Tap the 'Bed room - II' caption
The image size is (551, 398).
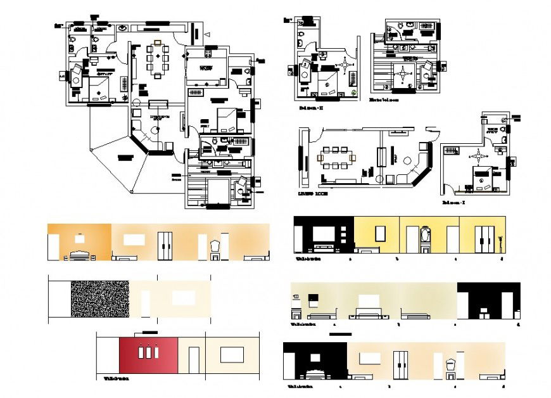[310, 108]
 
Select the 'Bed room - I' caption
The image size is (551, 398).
[453, 203]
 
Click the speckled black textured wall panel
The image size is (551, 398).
[99, 299]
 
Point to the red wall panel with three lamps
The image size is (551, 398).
[148, 356]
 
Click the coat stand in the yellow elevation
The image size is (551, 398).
[500, 243]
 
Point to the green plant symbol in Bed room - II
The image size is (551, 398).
[354, 93]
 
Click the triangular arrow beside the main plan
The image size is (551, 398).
[206, 33]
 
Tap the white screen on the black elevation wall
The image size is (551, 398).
[324, 233]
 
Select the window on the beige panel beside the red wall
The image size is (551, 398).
[232, 354]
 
